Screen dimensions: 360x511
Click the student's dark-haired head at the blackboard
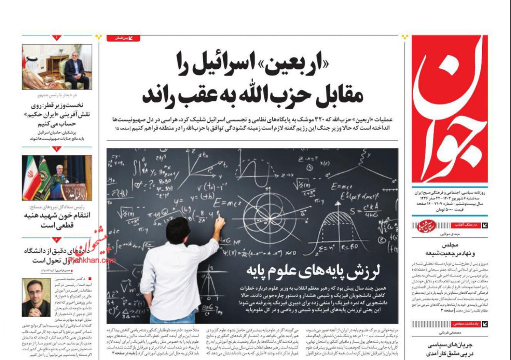point(178,232)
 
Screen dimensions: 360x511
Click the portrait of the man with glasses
point(36,296)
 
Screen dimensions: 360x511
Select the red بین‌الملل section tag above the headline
point(123,38)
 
